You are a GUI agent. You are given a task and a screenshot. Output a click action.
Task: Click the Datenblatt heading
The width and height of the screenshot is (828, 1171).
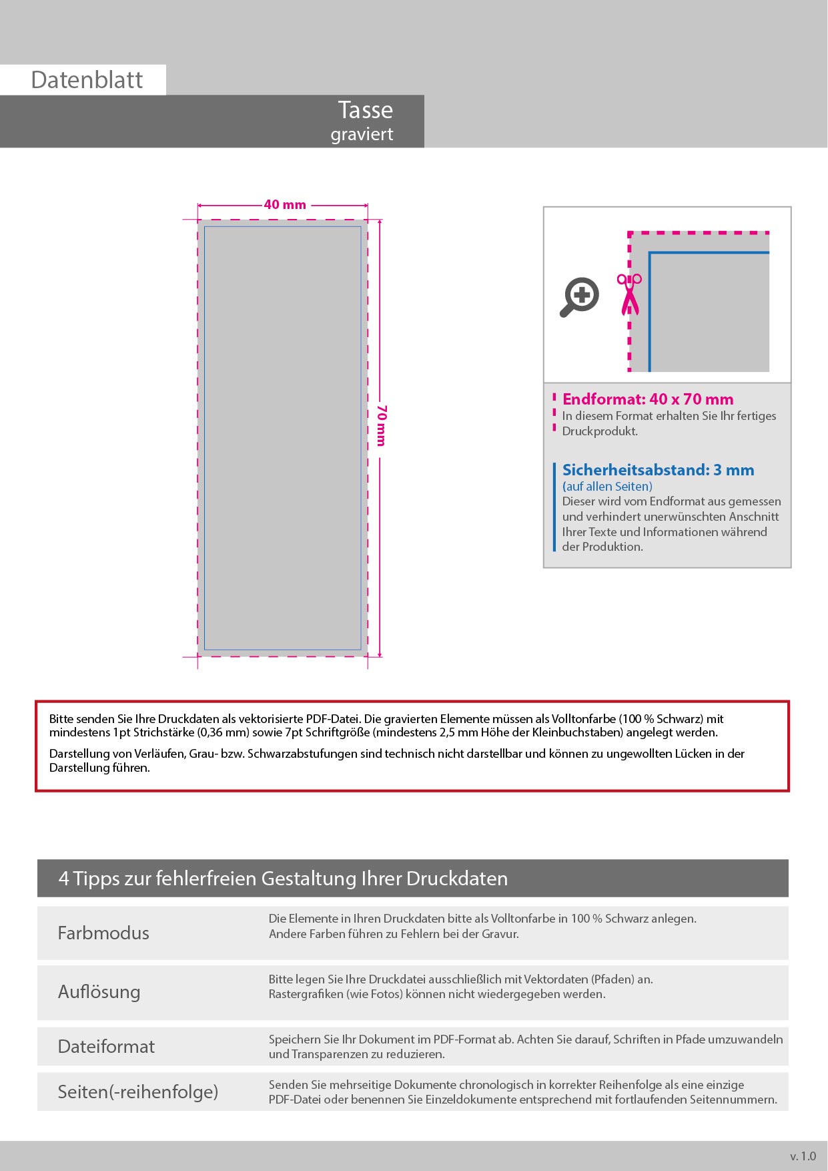[87, 80]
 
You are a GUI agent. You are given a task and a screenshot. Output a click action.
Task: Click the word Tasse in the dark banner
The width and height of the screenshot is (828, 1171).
[365, 110]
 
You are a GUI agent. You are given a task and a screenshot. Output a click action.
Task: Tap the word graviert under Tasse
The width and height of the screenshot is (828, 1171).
[362, 134]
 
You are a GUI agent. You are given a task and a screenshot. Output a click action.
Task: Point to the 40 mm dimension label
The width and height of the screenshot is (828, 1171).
[285, 205]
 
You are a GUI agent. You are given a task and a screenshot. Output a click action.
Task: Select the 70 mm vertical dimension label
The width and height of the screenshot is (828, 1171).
[381, 425]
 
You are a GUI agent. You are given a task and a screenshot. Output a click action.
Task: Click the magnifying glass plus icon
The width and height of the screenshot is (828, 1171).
[579, 296]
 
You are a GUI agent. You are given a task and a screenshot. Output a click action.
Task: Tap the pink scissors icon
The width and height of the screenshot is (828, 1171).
[629, 294]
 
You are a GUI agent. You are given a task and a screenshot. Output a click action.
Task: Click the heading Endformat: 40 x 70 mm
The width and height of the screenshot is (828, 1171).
[647, 399]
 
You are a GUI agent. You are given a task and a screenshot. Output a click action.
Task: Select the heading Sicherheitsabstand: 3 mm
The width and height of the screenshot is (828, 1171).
[658, 470]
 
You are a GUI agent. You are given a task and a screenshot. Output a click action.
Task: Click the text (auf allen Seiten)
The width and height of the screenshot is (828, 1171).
[607, 487]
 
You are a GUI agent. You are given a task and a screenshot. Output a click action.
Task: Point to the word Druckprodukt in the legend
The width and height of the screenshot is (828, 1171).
[600, 431]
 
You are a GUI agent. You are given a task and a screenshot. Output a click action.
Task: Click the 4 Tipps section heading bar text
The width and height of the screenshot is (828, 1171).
[283, 879]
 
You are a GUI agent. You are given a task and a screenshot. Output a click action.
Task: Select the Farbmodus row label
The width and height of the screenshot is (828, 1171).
[103, 933]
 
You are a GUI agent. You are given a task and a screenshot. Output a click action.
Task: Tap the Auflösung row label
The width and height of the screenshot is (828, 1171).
[99, 992]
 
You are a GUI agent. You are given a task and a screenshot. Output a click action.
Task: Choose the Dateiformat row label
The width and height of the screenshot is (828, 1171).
[106, 1046]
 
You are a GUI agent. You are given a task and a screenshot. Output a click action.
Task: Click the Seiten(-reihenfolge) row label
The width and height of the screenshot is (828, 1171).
[138, 1092]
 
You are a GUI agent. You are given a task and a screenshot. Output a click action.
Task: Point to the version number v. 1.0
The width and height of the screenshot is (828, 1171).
[803, 1156]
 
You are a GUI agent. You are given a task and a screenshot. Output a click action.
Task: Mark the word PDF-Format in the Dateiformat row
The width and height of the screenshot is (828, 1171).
[464, 1039]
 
